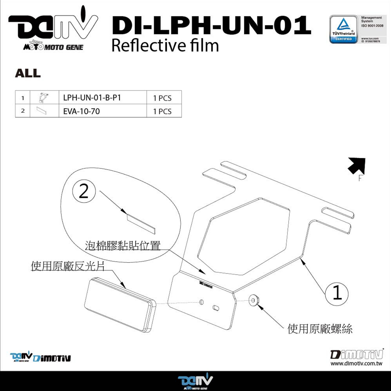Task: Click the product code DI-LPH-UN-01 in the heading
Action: [x=211, y=26]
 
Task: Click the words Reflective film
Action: [x=165, y=46]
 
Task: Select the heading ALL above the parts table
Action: [x=27, y=73]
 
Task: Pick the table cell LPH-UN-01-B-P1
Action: [x=92, y=98]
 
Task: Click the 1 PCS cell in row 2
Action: [x=162, y=111]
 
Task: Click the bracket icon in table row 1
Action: [x=44, y=97]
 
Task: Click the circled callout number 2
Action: [x=83, y=192]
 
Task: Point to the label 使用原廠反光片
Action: [x=68, y=267]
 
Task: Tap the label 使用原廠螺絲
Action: [x=320, y=329]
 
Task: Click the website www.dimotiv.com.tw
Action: [x=356, y=364]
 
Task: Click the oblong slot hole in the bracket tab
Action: [x=216, y=307]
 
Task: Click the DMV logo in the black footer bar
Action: [x=195, y=382]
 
